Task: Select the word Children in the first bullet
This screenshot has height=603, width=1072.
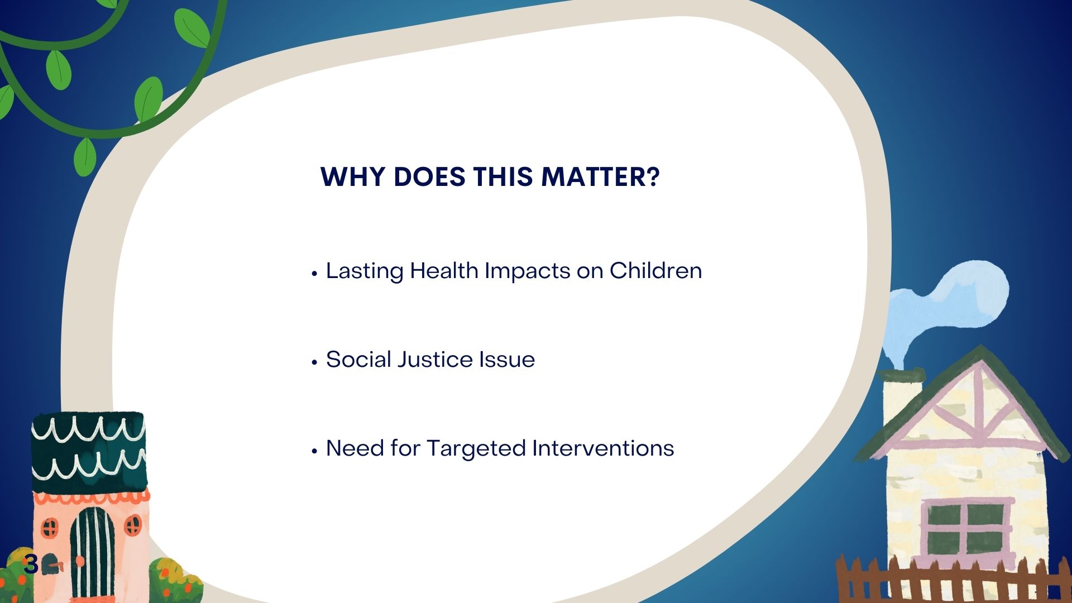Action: tap(655, 271)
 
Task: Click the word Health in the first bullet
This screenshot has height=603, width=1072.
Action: tap(444, 271)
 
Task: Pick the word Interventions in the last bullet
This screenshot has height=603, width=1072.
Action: tap(603, 448)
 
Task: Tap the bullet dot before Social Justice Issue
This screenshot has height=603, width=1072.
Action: tap(314, 362)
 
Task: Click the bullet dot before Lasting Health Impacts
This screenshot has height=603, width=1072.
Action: tap(314, 273)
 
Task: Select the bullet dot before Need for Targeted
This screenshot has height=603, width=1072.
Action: tap(314, 451)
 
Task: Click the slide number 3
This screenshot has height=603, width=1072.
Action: tap(31, 565)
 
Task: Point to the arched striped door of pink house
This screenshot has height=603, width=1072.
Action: tap(92, 553)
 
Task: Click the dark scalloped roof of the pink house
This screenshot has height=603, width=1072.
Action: tap(89, 453)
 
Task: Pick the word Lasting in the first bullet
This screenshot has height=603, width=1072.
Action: tap(365, 271)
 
